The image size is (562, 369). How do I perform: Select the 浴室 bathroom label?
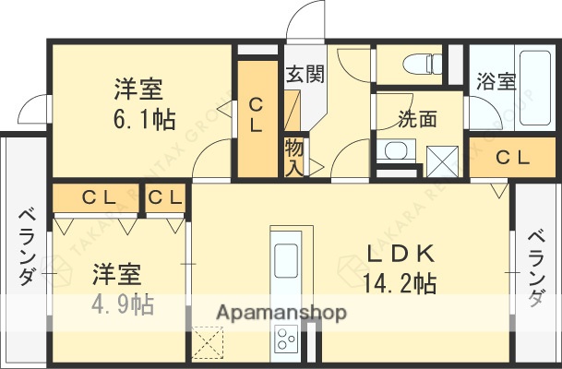tap(496, 81)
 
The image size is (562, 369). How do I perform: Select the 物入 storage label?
tap(294, 156)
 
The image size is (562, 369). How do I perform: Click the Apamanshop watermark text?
tap(281, 313)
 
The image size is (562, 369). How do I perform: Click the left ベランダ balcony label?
tap(25, 244)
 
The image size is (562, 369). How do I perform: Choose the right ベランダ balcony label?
tap(536, 268)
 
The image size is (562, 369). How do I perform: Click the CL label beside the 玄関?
tap(257, 116)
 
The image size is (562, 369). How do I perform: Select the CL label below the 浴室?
tap(513, 158)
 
